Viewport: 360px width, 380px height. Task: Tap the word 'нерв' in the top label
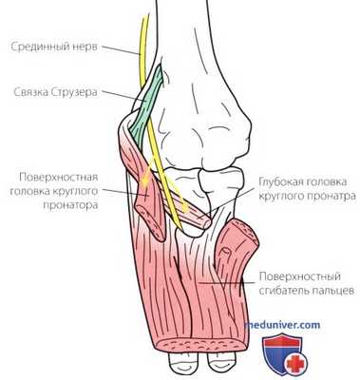(x=94, y=44)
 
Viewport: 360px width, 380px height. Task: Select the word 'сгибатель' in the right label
(x=283, y=291)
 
